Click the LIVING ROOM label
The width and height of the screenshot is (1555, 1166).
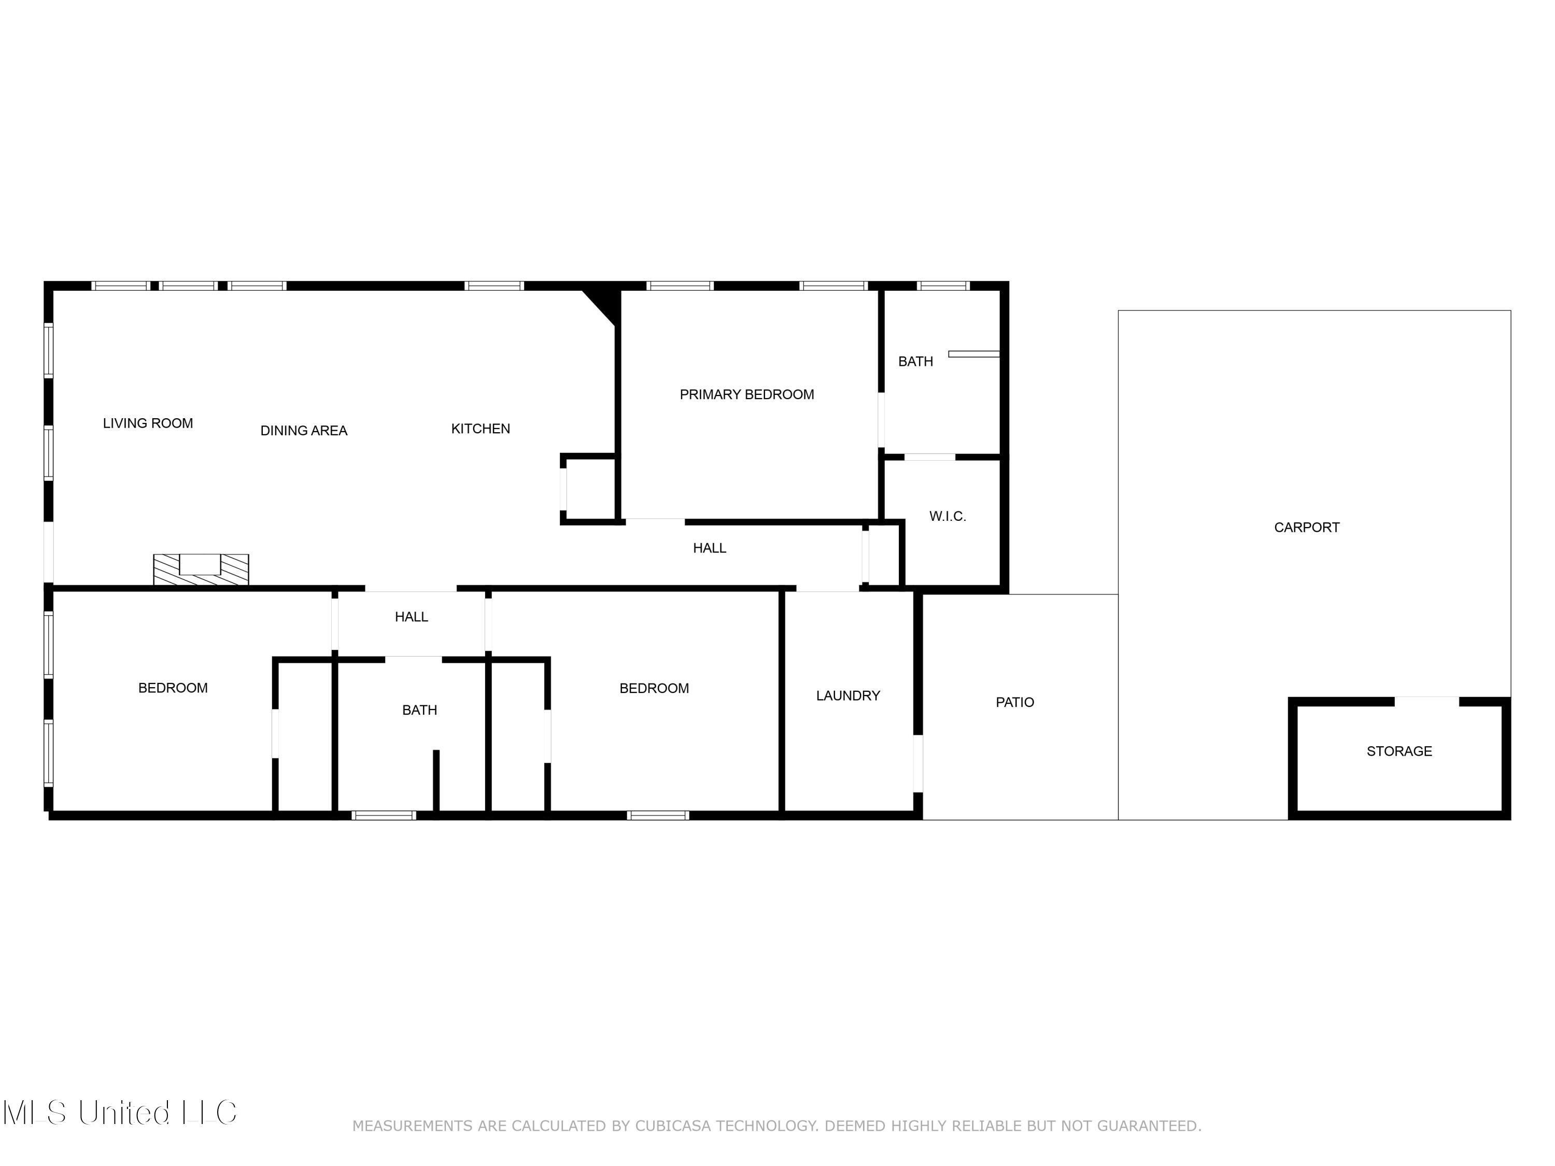coord(148,423)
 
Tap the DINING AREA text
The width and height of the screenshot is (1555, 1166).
coord(304,430)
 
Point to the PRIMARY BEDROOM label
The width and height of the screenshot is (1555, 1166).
coord(746,394)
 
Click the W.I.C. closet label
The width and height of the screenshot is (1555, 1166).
coord(947,516)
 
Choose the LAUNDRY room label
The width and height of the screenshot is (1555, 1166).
coord(848,695)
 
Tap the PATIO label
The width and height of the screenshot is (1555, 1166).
coord(1014,702)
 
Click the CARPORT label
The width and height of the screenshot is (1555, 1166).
coord(1306,527)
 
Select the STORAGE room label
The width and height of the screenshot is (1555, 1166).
coord(1398,750)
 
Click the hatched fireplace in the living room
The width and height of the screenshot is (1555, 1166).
coord(201,570)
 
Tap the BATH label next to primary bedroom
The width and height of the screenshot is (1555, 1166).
coord(915,361)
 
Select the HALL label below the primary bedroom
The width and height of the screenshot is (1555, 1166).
coord(709,548)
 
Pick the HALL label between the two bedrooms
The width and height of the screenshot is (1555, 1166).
coord(411,616)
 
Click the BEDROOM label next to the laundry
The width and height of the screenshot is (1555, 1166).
coord(654,688)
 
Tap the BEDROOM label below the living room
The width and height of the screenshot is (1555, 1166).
coord(173,687)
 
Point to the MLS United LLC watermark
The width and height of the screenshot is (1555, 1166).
coord(120,1113)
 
